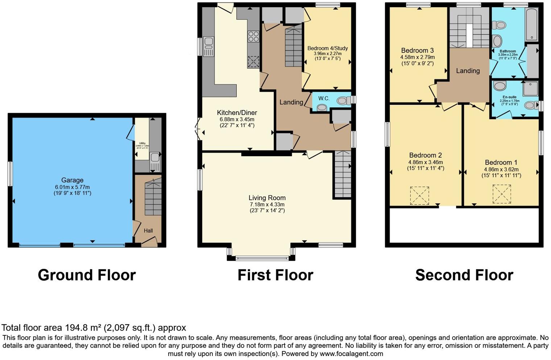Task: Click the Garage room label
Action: (72, 180)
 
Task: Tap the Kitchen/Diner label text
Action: (237, 112)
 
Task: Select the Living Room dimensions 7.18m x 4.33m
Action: (267, 204)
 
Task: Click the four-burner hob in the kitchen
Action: (253, 37)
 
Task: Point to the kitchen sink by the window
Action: (209, 46)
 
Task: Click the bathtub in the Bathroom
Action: (532, 24)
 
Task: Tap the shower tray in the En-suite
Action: (530, 88)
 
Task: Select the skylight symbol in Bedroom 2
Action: (419, 195)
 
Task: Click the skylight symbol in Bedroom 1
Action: (501, 194)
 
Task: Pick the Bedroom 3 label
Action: (417, 50)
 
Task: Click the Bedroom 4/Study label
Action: (327, 48)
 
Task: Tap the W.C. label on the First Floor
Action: (324, 98)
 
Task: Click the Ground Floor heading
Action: (87, 275)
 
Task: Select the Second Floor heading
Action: (464, 275)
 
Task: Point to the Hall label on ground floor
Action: (148, 231)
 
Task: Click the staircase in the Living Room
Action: (342, 174)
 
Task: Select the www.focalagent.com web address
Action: (351, 353)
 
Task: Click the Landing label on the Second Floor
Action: (468, 71)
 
